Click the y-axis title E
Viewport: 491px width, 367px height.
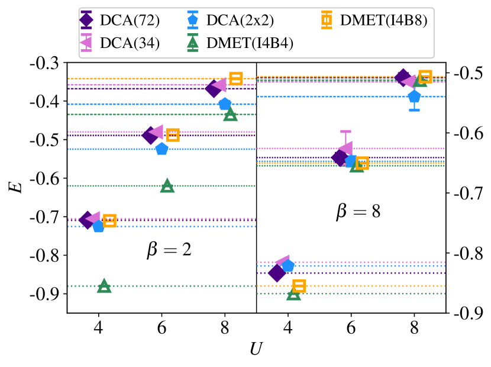18,188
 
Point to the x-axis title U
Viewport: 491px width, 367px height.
256,349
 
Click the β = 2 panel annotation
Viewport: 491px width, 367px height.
169,250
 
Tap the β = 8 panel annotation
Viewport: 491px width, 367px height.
358,211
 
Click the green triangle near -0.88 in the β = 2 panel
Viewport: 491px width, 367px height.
104,286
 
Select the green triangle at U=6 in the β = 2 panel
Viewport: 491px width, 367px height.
167,185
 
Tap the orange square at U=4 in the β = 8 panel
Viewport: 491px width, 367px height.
299,286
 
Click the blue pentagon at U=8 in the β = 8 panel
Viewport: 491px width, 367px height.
414,96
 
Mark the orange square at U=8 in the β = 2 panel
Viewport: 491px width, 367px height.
235,78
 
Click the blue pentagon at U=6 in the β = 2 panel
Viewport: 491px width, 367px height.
161,149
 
